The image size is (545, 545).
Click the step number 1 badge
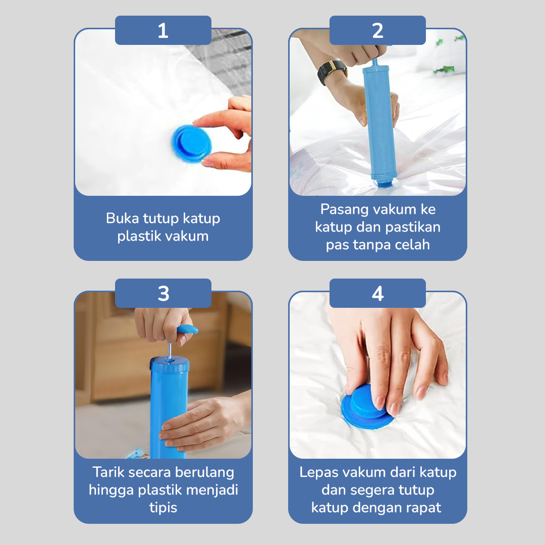163,31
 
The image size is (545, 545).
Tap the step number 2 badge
377,31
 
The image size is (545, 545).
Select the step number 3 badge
163,294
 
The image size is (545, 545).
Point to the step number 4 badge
377,294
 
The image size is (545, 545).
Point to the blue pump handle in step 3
187,330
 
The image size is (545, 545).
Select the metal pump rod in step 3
170,349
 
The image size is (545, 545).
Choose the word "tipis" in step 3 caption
163,507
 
